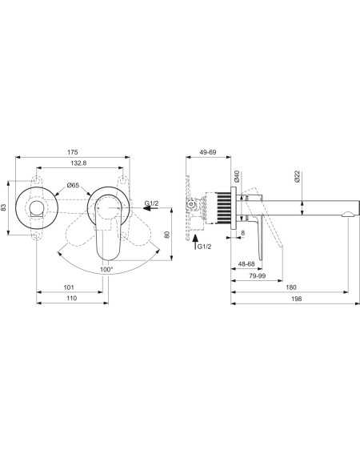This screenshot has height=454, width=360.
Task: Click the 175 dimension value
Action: [x=73, y=152]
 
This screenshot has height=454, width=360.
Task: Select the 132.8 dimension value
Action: [x=78, y=163]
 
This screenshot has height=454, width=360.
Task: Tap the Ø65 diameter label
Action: [x=73, y=185]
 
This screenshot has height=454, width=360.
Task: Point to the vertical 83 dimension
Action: [x=3, y=207]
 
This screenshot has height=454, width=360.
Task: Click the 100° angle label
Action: [x=106, y=270]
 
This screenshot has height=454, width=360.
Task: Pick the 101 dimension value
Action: [x=69, y=287]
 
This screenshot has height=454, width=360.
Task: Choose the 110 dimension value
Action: [x=71, y=298]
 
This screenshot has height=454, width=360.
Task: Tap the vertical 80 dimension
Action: [x=167, y=235]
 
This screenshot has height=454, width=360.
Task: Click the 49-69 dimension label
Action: [x=208, y=152]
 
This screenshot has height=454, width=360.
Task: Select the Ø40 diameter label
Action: [x=237, y=176]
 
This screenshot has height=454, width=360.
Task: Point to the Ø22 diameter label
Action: [x=298, y=176]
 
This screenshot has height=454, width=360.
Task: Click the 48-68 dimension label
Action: [x=246, y=263]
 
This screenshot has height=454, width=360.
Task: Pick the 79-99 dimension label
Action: [x=258, y=275]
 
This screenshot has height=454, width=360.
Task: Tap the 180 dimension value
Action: [x=291, y=287]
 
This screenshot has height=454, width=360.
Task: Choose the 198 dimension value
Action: [x=297, y=299]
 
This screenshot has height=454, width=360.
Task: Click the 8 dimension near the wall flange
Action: [x=242, y=232]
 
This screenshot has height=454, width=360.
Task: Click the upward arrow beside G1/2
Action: [x=195, y=242]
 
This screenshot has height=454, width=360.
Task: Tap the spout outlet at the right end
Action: [x=348, y=214]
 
